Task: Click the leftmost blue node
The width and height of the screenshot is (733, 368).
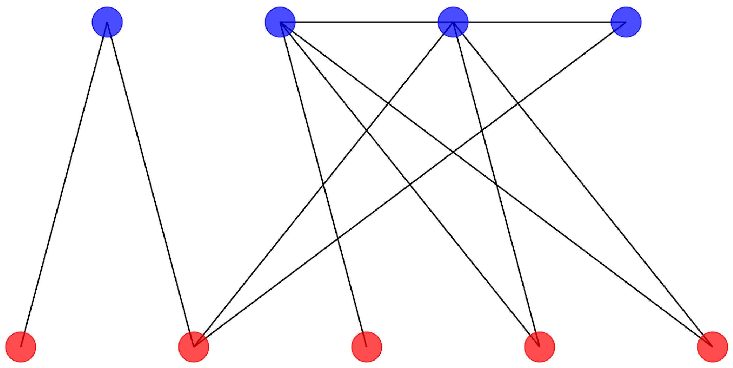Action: (x=107, y=22)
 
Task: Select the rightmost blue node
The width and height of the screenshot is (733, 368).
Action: (x=626, y=22)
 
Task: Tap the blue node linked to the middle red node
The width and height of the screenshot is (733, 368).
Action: (x=280, y=22)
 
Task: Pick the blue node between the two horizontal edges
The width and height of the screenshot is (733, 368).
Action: (x=453, y=22)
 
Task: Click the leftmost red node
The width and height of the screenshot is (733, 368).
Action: (x=21, y=347)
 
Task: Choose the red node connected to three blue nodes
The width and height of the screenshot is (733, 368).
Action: (x=193, y=347)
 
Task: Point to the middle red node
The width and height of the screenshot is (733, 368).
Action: (x=366, y=347)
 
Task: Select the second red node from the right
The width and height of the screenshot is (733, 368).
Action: (x=540, y=347)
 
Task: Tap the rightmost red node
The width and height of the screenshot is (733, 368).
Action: (x=712, y=347)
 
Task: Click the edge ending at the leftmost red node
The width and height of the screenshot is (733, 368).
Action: (x=64, y=184)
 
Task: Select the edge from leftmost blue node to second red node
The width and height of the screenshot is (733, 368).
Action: (x=150, y=184)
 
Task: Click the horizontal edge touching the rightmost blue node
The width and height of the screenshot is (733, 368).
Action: (x=540, y=22)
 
